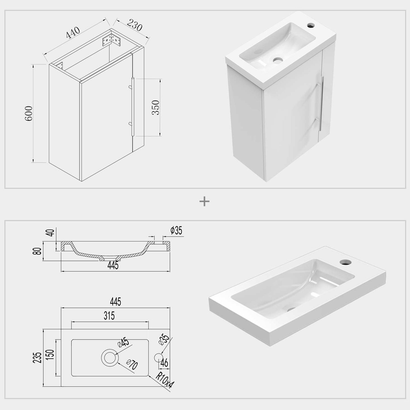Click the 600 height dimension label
29,113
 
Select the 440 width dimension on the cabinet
73,33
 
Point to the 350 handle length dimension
156,108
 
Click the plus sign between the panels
204,202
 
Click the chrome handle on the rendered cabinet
321,103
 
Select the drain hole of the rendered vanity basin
278,60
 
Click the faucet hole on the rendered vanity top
311,25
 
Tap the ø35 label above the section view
176,231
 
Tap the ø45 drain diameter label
123,342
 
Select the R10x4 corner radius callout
165,380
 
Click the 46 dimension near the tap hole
164,363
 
